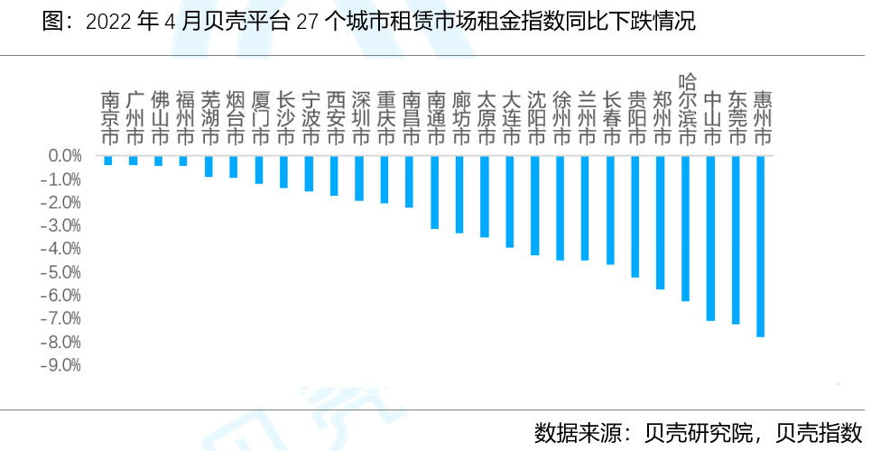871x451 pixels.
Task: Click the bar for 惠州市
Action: [x=760, y=246]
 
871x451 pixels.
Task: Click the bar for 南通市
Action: [x=434, y=192]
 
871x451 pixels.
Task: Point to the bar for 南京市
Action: [x=108, y=161]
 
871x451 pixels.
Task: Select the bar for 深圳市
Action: [x=359, y=178]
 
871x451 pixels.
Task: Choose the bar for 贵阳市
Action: [x=635, y=216]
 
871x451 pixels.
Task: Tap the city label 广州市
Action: [x=134, y=118]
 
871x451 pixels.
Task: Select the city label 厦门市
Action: [x=259, y=118]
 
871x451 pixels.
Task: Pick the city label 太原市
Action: [x=485, y=118]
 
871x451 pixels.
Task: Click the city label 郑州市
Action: [x=661, y=118]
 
